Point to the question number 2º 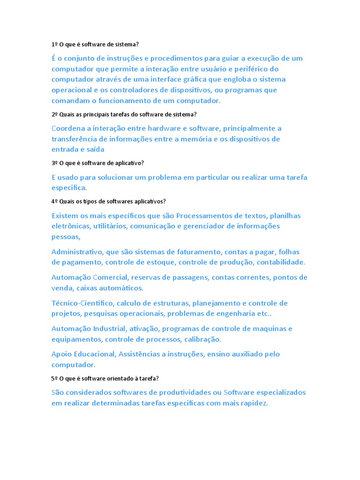[54, 114]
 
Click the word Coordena [68, 128]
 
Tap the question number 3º [54, 163]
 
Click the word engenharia [232, 313]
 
